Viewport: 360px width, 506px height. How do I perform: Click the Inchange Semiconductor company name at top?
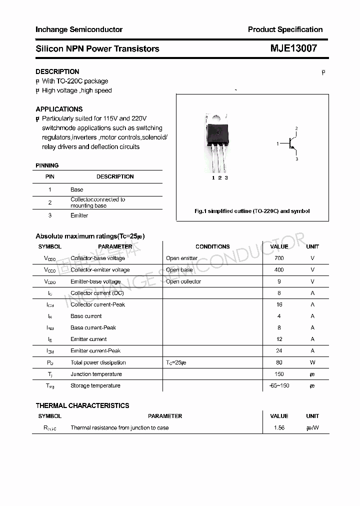coord(79,29)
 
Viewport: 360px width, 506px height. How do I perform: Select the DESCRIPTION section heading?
coord(57,71)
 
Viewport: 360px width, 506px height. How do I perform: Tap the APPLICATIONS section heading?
coord(59,109)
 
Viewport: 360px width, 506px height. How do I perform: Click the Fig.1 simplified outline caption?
coord(252,211)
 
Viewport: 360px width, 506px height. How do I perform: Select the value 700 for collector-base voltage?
coord(279,258)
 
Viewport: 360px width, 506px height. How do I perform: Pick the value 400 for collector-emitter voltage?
coord(279,269)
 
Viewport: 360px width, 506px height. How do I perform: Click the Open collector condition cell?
coord(183,281)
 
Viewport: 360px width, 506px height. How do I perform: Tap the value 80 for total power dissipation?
coord(279,362)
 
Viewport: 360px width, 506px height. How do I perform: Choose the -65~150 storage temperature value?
coord(279,385)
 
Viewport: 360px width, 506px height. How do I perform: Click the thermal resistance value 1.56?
coord(279,427)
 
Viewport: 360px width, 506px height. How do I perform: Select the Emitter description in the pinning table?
coord(79,215)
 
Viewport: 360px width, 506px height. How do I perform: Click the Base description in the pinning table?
coord(76,189)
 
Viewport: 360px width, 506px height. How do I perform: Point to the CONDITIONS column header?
coord(212,246)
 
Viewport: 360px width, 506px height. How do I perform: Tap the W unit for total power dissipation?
coord(312,362)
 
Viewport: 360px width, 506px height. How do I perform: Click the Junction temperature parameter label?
coord(96,374)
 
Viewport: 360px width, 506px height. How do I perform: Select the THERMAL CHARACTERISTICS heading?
coord(82,405)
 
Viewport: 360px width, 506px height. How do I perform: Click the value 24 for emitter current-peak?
coord(279,350)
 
